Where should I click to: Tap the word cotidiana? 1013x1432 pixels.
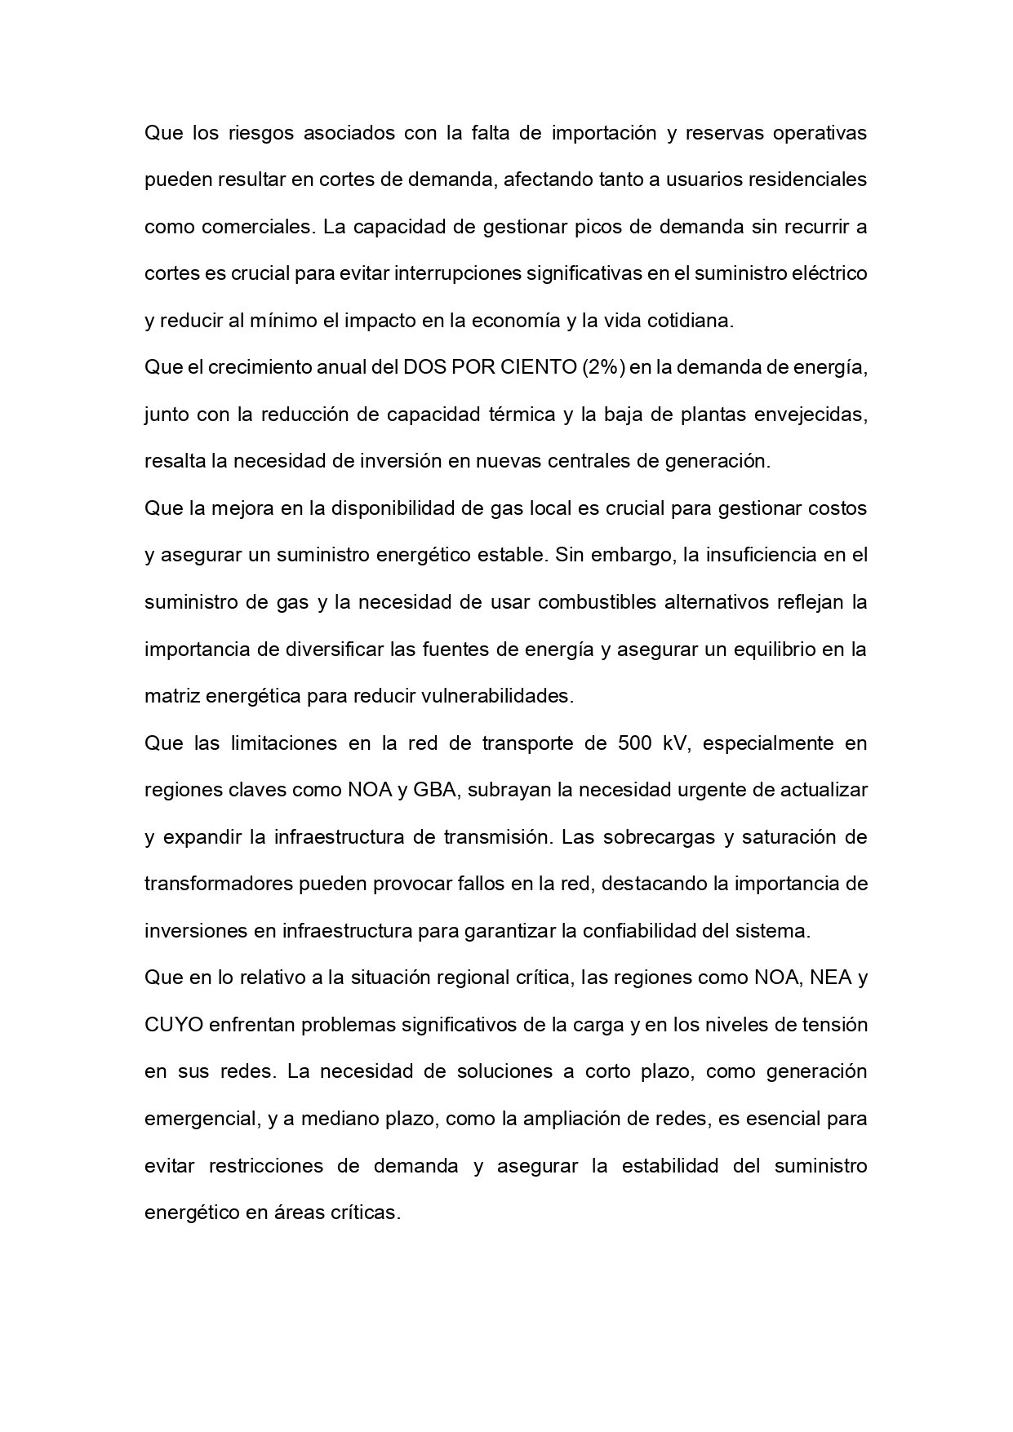coord(690,321)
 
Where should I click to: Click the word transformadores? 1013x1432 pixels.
coord(215,884)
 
